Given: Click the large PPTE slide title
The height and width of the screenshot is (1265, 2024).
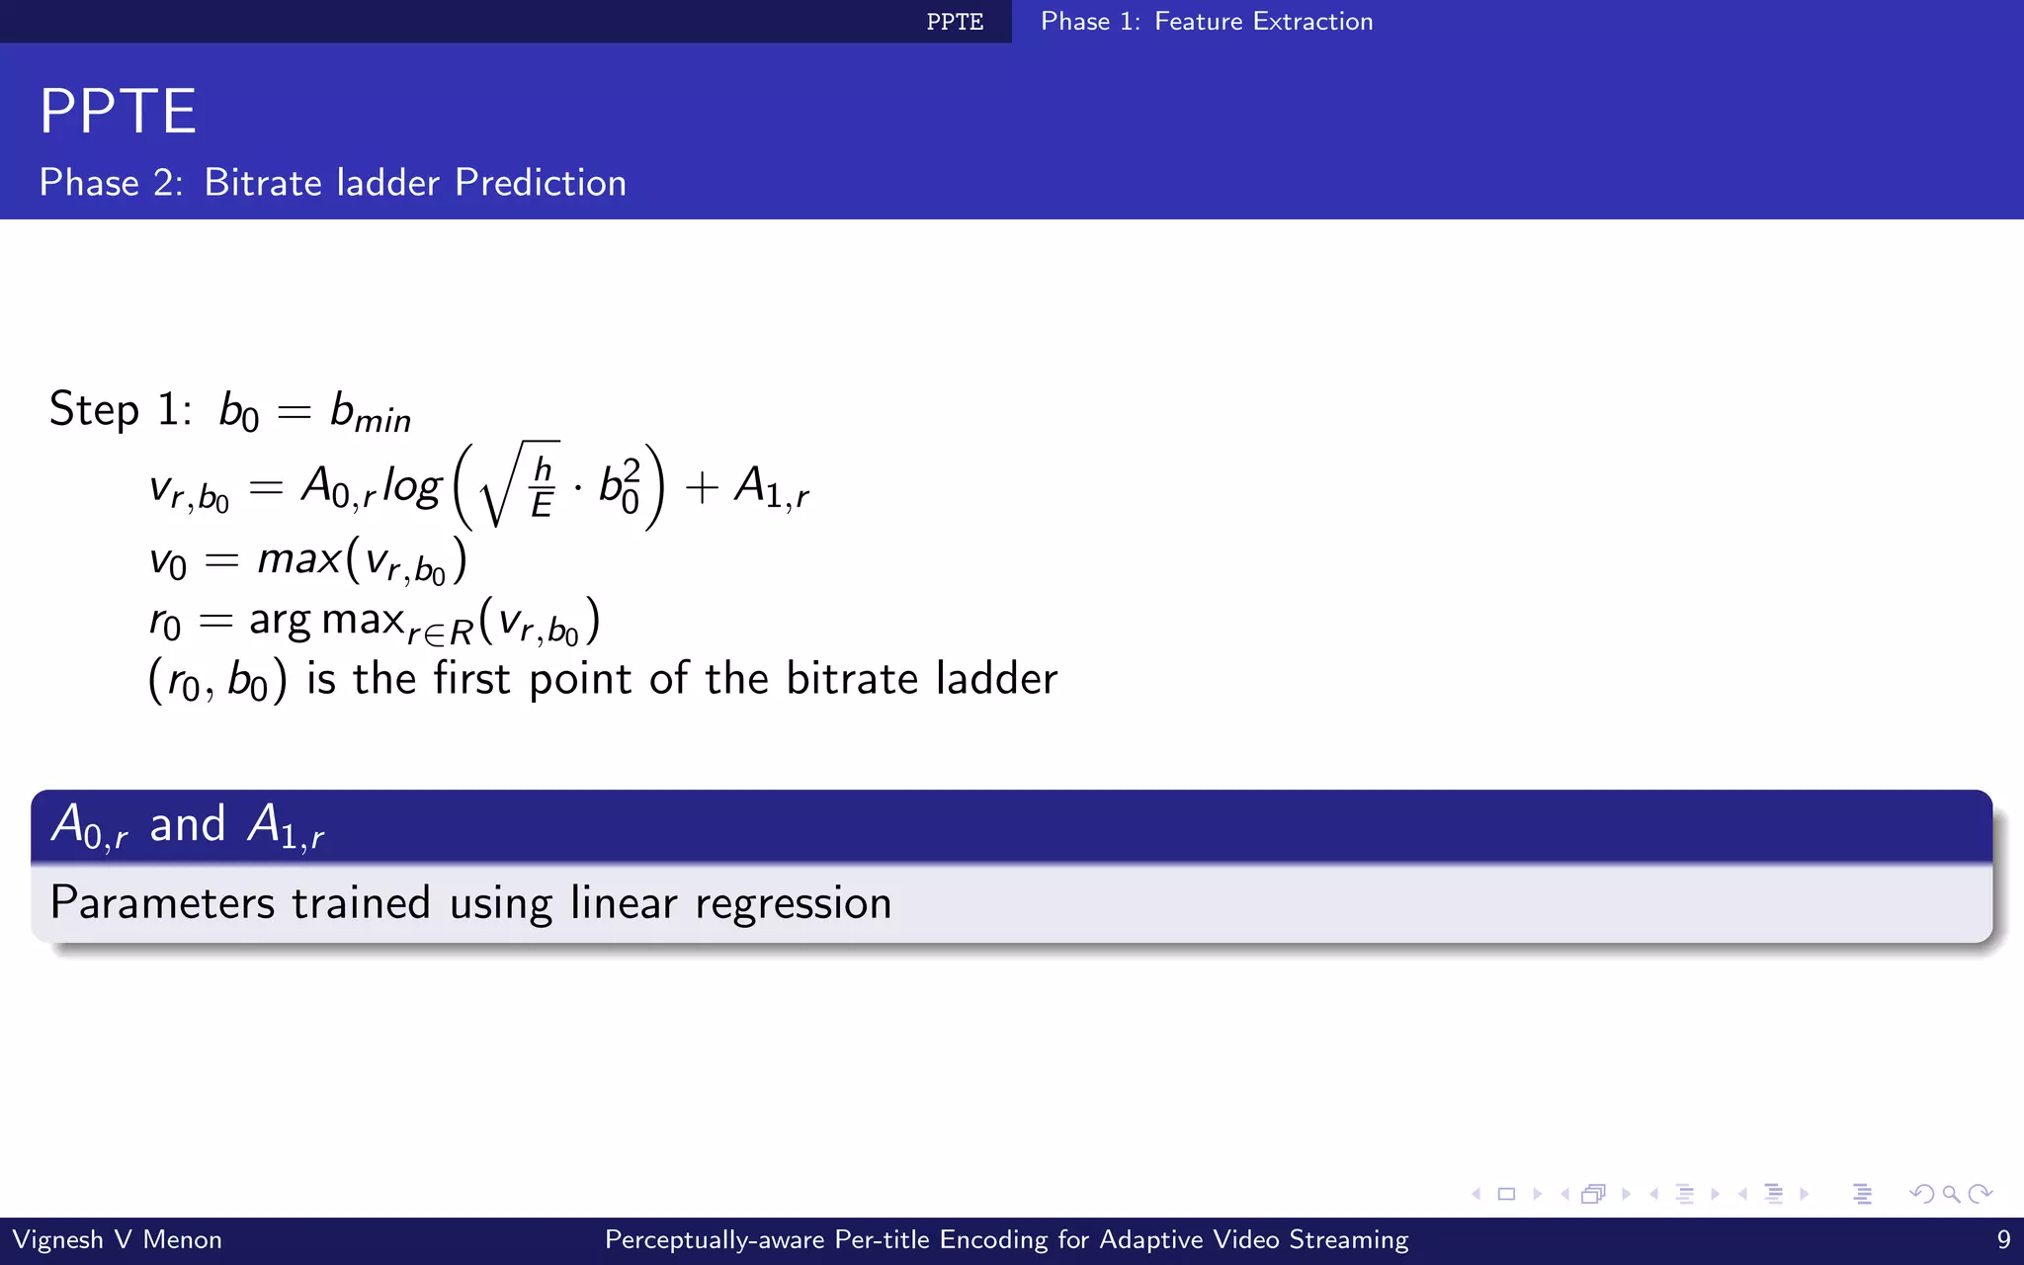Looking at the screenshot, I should [118, 111].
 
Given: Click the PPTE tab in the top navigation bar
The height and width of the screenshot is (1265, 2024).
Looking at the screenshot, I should [955, 22].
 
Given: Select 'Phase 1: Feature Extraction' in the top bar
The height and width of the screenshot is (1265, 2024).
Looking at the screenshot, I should [1207, 22].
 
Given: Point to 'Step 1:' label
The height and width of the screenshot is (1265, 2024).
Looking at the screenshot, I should [121, 409].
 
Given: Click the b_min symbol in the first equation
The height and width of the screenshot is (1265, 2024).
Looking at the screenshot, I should [370, 411].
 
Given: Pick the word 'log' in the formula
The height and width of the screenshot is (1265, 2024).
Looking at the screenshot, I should [411, 486].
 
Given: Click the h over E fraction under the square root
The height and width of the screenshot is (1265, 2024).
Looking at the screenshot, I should [542, 486].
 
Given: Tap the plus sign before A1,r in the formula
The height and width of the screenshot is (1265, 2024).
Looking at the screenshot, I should [701, 487].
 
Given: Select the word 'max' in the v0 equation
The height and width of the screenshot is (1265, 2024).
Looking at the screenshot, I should [298, 559].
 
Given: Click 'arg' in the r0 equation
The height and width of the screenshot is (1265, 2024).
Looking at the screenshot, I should [280, 621].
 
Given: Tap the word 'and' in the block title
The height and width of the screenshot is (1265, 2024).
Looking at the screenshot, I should [187, 824].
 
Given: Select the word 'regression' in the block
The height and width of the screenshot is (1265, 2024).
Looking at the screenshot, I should [793, 903].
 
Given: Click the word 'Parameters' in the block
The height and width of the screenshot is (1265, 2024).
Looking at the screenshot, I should [162, 903].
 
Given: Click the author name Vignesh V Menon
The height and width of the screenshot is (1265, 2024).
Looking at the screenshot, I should [117, 1239].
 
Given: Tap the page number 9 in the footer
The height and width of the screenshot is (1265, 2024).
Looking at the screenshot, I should [2003, 1239].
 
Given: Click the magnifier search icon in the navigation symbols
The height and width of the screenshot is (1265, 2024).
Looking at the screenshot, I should [1951, 1194].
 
